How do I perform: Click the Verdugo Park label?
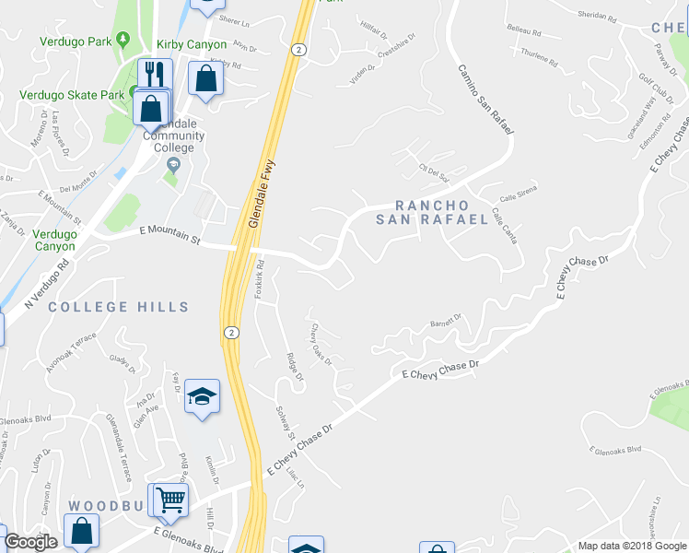(x=75, y=41)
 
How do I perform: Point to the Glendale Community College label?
(x=173, y=135)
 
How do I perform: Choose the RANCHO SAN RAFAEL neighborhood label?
(x=431, y=212)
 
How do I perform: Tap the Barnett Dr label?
(x=445, y=323)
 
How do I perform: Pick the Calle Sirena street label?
(x=518, y=193)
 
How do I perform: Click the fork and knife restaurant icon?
(x=155, y=75)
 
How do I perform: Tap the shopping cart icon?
(x=170, y=500)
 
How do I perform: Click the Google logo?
(x=30, y=542)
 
